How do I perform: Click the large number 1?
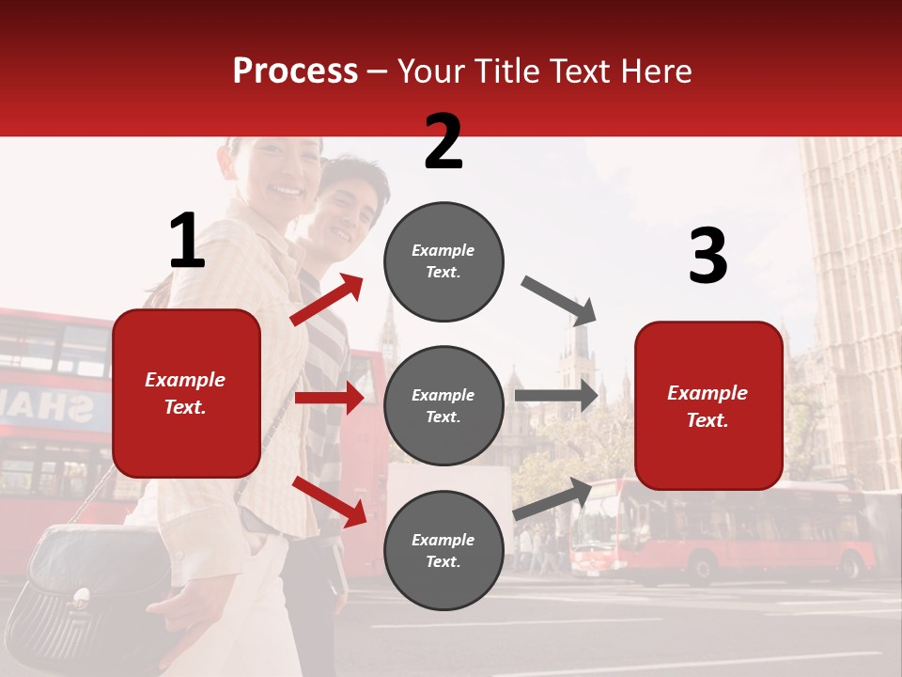pyautogui.click(x=187, y=242)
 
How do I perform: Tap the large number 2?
pyautogui.click(x=443, y=142)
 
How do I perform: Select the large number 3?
pyautogui.click(x=708, y=256)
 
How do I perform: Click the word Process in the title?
pyautogui.click(x=295, y=71)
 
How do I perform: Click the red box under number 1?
pyautogui.click(x=186, y=393)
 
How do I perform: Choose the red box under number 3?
pyautogui.click(x=708, y=405)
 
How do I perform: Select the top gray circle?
pyautogui.click(x=443, y=261)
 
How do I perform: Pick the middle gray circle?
pyautogui.click(x=443, y=405)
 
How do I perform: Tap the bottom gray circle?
pyautogui.click(x=443, y=550)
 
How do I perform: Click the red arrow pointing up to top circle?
pyautogui.click(x=327, y=299)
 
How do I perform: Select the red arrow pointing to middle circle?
pyautogui.click(x=329, y=398)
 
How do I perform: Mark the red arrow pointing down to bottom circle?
pyautogui.click(x=329, y=500)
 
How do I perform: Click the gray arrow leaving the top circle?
pyautogui.click(x=559, y=300)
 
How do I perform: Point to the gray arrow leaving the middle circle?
pyautogui.click(x=555, y=395)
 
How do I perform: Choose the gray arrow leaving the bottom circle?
pyautogui.click(x=552, y=498)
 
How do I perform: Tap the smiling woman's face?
pyautogui.click(x=282, y=174)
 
